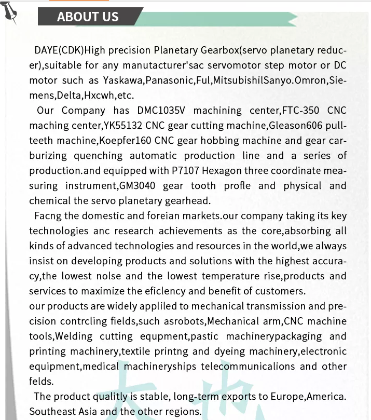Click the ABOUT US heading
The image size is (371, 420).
coord(88,17)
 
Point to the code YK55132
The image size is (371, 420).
coord(121,126)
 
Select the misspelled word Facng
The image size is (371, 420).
coord(48,216)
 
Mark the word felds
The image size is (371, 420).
coord(42,382)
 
